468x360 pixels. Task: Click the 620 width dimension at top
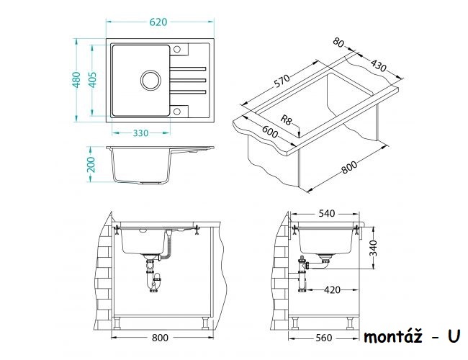coord(158,22)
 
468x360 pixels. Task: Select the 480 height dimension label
coord(77,80)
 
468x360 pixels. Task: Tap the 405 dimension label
coord(93,80)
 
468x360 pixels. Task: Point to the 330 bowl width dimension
coord(140,132)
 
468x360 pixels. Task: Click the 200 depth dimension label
coord(91,164)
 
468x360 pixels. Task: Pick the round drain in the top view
coord(150,80)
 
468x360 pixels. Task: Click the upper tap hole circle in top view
coord(177,49)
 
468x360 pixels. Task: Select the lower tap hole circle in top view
coord(177,112)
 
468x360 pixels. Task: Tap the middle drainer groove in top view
coord(188,80)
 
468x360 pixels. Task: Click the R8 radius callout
coord(286,120)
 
